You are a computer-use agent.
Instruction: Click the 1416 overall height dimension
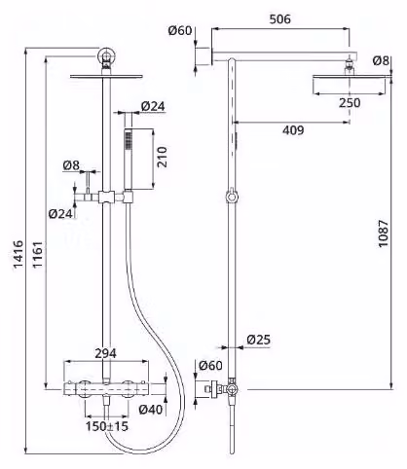[18, 254]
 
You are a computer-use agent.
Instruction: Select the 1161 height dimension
[37, 254]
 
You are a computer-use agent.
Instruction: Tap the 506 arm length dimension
[280, 19]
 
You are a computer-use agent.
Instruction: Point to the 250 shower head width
[350, 103]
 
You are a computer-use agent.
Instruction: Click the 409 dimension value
[293, 130]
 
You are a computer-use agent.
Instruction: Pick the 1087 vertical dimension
[383, 234]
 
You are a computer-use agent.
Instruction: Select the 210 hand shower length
[162, 157]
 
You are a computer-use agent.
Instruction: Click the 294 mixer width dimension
[105, 353]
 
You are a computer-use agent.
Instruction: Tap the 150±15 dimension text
[107, 426]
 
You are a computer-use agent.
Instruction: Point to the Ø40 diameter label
[151, 410]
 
